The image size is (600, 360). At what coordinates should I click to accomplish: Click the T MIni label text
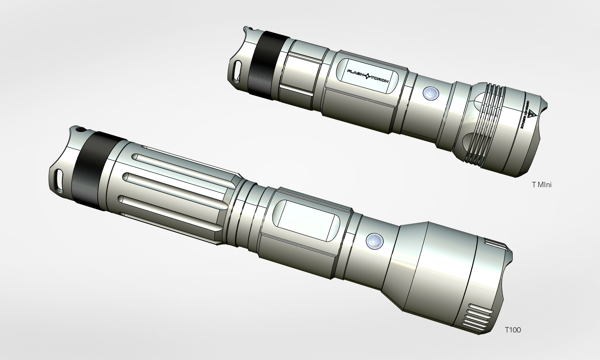point(541,185)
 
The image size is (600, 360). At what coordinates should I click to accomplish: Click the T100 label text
point(513,330)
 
